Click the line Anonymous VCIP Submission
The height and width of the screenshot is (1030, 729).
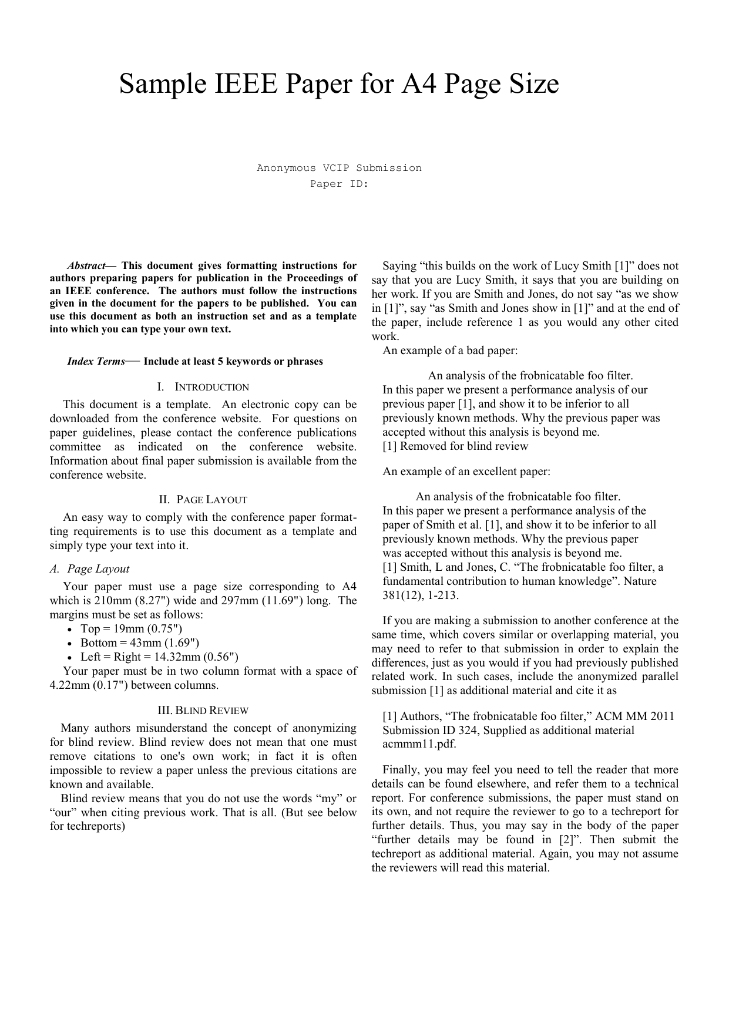[x=339, y=168]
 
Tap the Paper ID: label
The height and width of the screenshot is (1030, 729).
[x=339, y=184]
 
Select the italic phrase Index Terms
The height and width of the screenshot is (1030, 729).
[x=96, y=362]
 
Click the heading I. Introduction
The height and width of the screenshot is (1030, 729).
[x=203, y=387]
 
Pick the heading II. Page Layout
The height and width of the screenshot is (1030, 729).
[x=203, y=500]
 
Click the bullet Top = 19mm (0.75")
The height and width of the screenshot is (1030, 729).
[x=127, y=629]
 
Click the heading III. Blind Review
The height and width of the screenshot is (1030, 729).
[x=203, y=711]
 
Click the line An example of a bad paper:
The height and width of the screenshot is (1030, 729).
[x=450, y=351]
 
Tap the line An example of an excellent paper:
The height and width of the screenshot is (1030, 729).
[x=466, y=472]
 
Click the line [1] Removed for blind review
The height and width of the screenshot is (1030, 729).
[x=455, y=446]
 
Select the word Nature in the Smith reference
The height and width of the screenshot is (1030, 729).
[x=640, y=581]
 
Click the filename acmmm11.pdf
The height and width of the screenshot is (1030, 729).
[x=419, y=744]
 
